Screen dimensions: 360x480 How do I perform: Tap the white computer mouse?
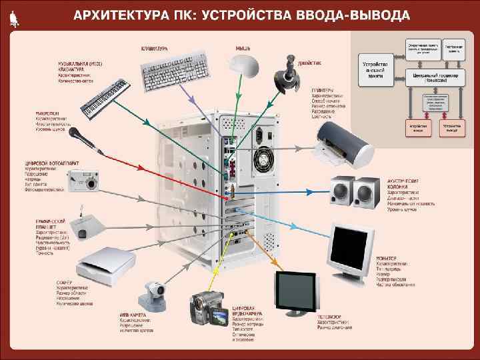click(x=243, y=64)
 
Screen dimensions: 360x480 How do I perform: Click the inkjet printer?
click(x=341, y=143)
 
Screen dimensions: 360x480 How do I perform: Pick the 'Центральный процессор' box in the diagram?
click(x=437, y=76)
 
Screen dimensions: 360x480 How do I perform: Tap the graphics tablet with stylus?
click(x=83, y=227)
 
